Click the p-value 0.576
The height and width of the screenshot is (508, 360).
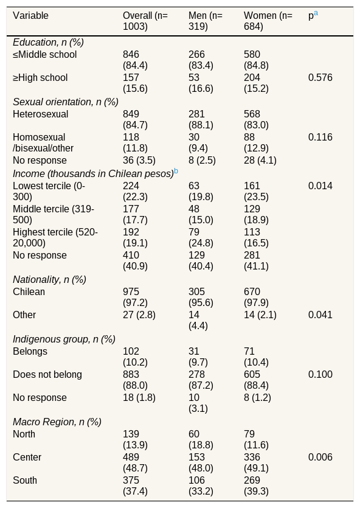click(x=320, y=78)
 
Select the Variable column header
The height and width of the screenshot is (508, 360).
click(x=31, y=16)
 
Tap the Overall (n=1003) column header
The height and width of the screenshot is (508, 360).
click(x=145, y=21)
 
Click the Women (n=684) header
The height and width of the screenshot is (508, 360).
click(x=268, y=21)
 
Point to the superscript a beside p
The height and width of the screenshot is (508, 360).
click(x=316, y=13)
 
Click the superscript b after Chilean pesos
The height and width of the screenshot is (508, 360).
click(x=176, y=171)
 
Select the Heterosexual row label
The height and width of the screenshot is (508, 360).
click(x=41, y=114)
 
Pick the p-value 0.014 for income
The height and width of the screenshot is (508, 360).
click(x=320, y=186)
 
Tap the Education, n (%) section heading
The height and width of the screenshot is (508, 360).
click(x=48, y=43)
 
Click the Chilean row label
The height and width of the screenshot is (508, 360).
click(x=29, y=291)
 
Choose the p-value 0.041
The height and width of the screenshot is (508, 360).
click(x=320, y=315)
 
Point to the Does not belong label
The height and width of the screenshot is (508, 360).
click(x=47, y=375)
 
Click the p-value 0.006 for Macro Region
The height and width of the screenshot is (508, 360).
click(x=320, y=457)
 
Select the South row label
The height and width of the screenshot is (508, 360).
click(x=25, y=480)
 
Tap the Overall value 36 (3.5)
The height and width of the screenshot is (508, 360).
click(x=139, y=161)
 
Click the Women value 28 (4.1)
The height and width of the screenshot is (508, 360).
click(x=260, y=161)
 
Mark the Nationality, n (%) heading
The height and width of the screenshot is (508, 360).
click(x=49, y=280)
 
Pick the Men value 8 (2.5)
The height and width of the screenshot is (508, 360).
click(x=202, y=161)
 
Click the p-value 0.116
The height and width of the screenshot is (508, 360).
click(x=320, y=137)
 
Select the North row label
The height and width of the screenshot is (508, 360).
click(x=24, y=434)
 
